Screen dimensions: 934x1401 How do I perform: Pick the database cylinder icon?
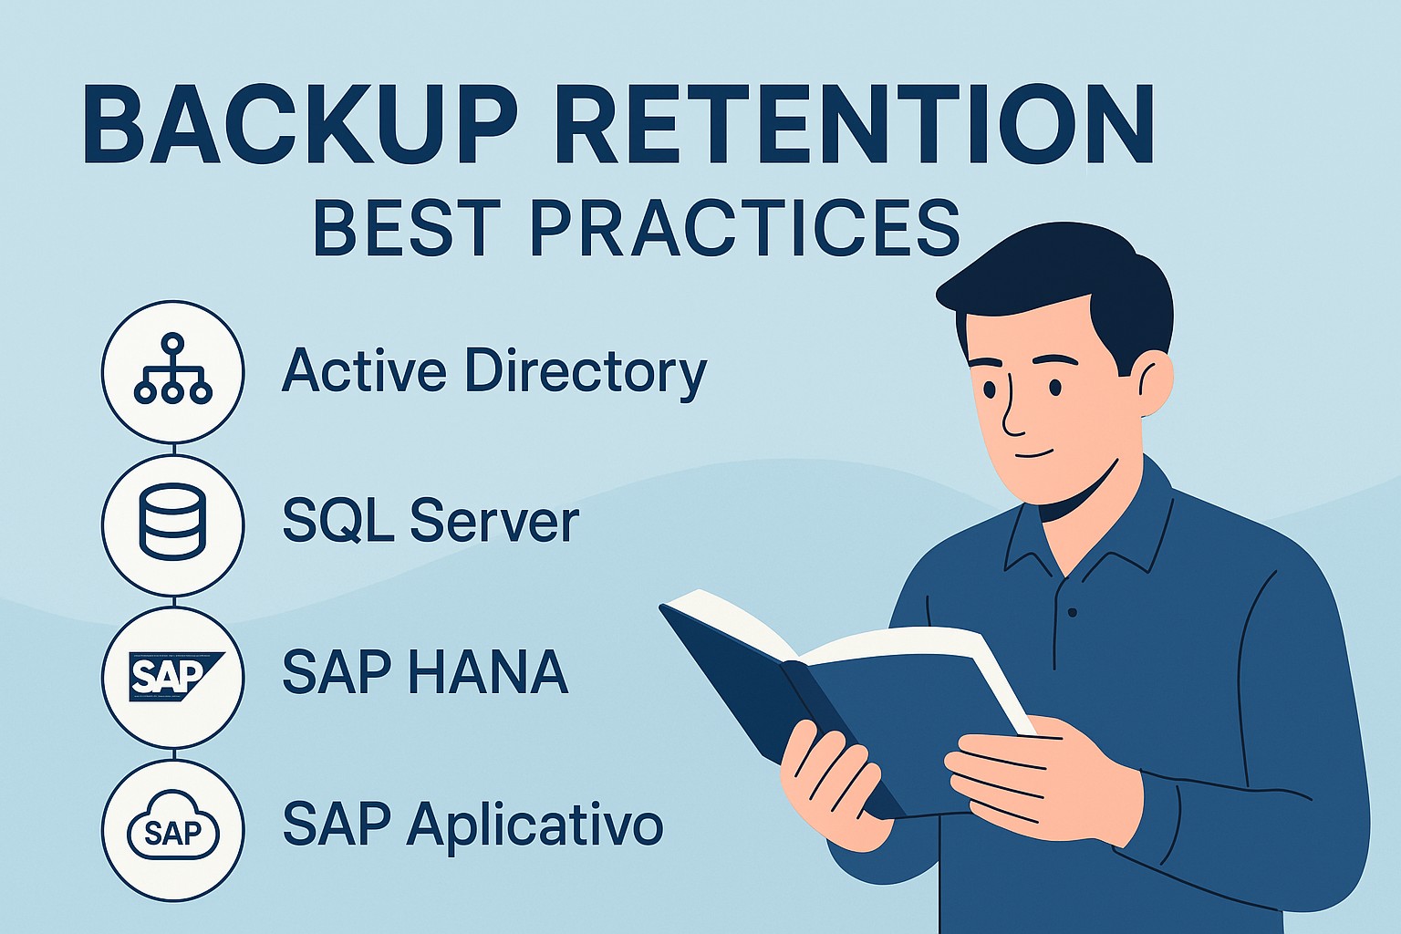pos(172,522)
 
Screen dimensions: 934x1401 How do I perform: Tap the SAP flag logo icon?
pos(172,675)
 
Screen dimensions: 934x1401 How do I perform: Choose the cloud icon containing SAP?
pos(172,829)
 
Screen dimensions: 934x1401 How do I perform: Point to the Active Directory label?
pos(493,372)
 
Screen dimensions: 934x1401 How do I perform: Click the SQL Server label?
pos(430,522)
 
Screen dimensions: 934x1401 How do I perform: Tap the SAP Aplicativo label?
pos(472,825)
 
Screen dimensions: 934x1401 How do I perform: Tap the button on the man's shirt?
pos(1073,612)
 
